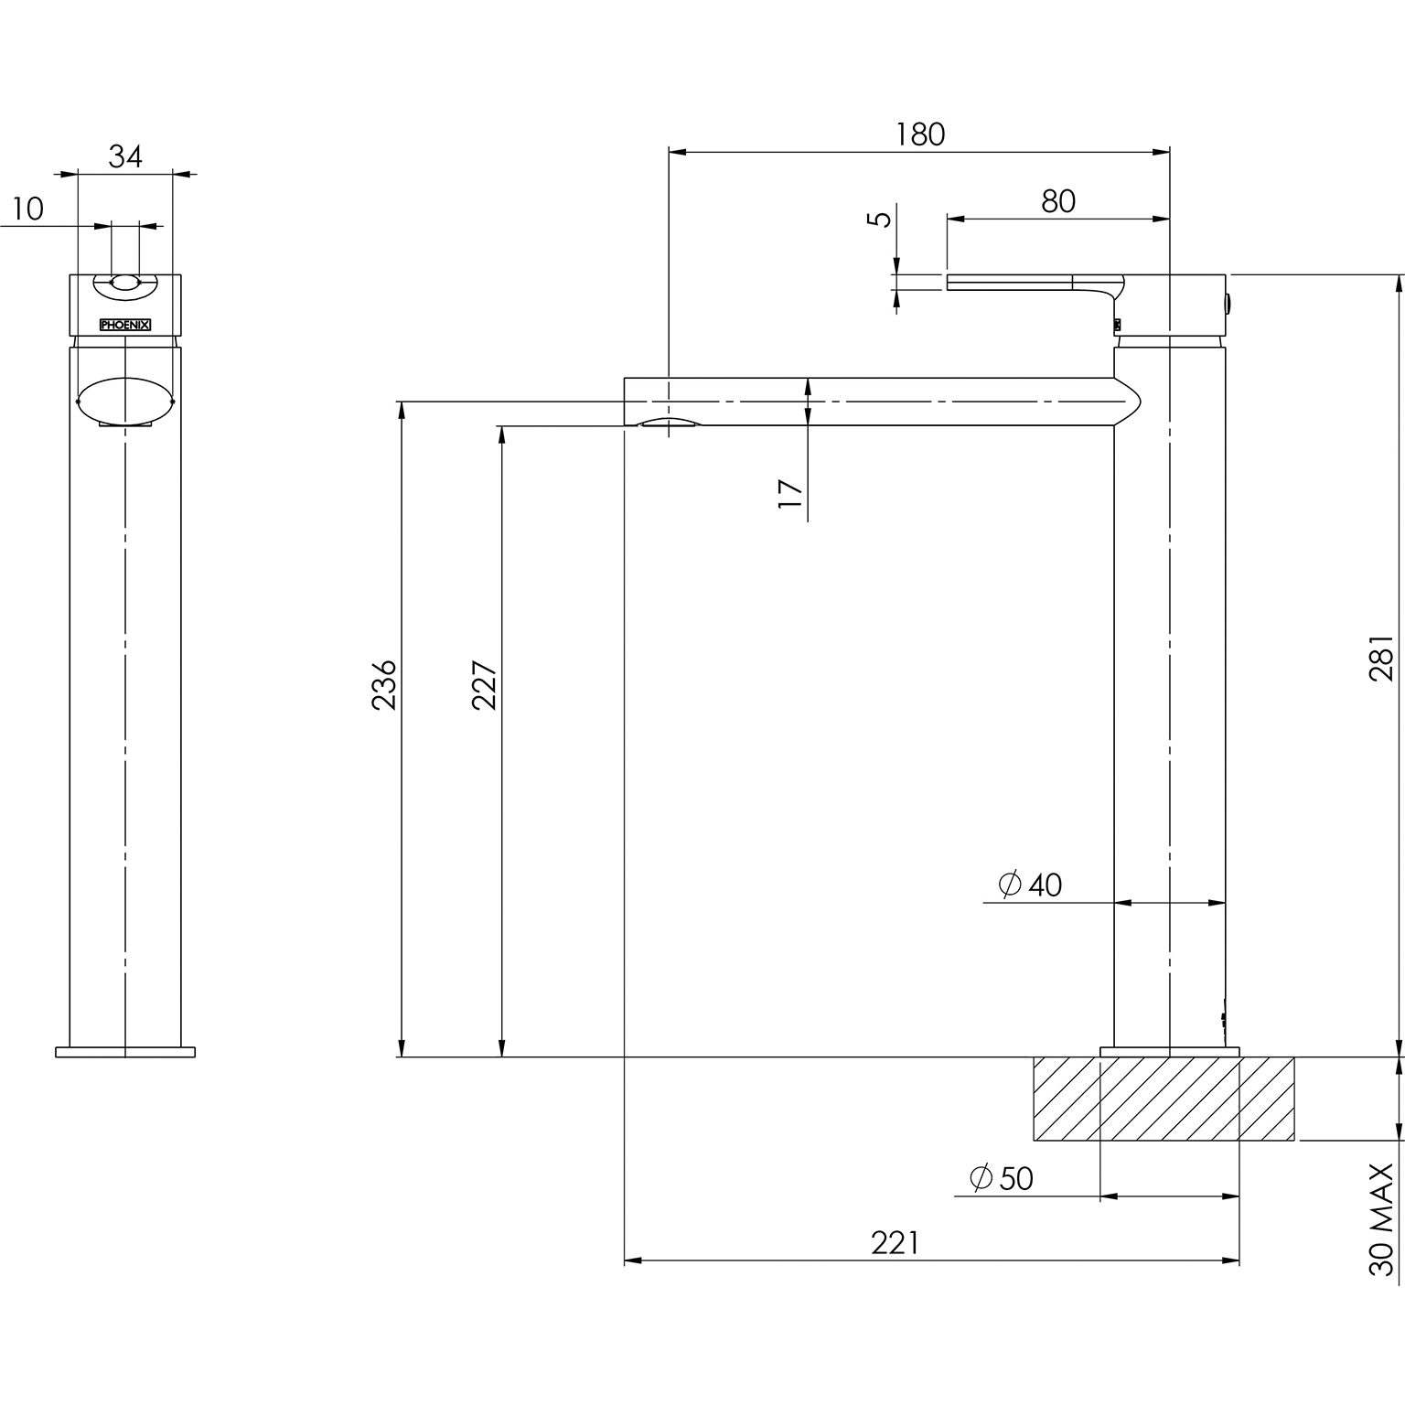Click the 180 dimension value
919,134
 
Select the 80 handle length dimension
1058,201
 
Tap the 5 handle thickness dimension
880,220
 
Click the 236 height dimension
384,683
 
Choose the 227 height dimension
484,684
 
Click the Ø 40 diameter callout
1031,885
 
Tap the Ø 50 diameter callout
1002,1178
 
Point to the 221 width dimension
895,1243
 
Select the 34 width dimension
125,156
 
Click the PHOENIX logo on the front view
125,325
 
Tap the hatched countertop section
1164,1099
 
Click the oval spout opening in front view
125,400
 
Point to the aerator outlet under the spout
669,422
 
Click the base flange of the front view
125,1052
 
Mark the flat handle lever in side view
1034,283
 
